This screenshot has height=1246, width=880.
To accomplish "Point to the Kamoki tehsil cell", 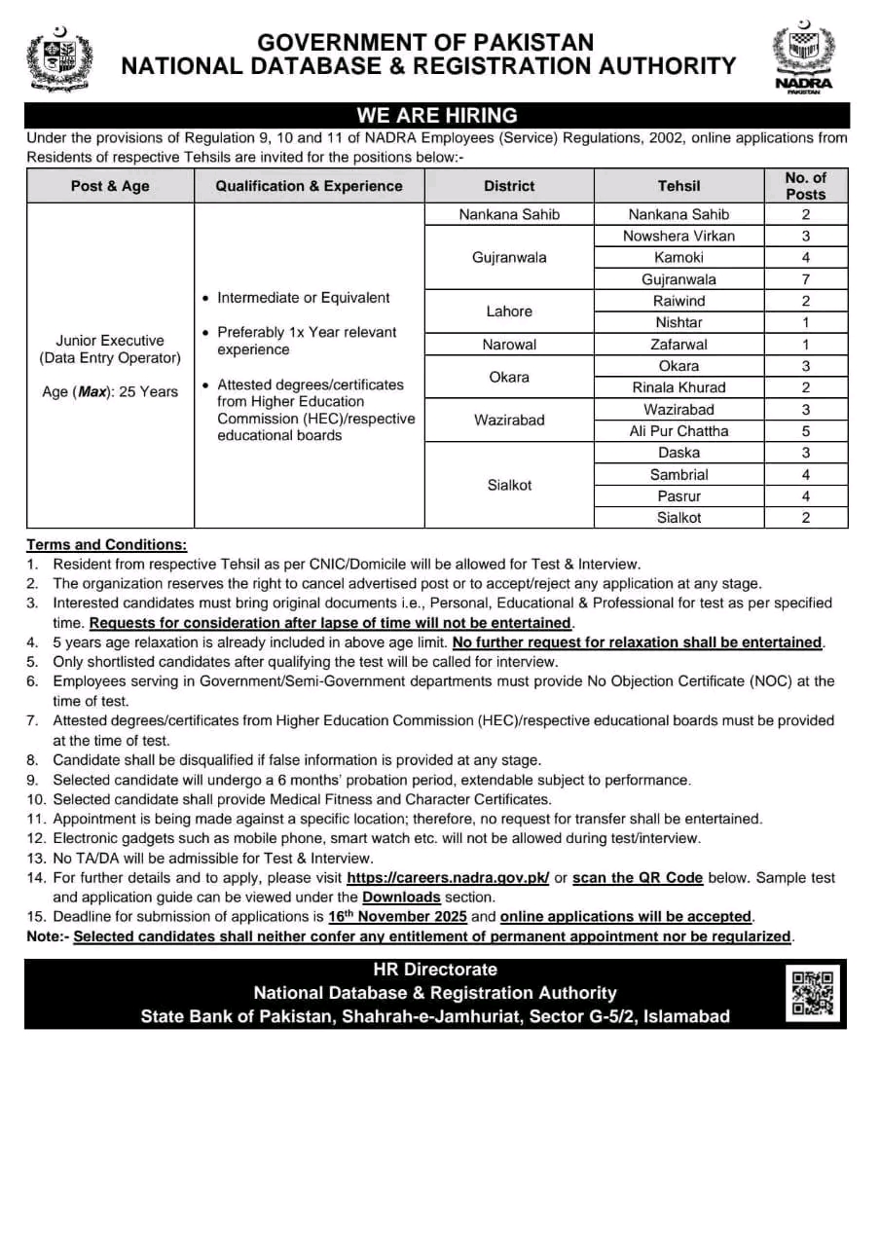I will coord(678,258).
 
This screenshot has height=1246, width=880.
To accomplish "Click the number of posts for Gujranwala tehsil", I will coord(805,279).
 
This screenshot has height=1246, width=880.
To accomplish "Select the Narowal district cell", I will coord(509,345).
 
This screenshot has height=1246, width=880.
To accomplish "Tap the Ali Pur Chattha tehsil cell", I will coord(678,431).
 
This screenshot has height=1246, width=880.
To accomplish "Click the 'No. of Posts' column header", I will coord(805,185).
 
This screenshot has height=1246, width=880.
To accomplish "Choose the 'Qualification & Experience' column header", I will coord(309,185).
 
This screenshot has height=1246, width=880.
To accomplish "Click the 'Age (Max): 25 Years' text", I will coord(109,391).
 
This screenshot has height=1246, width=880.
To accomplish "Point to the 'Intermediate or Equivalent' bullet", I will coord(303,298).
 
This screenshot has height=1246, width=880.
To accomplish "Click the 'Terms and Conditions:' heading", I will coord(106,544).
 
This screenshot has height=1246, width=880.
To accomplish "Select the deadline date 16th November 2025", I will coord(397,916).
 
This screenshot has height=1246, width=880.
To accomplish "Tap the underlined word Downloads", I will coord(401,897).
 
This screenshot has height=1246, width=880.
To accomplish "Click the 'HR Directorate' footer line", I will coord(435,970).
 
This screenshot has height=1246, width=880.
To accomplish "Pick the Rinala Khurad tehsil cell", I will coord(678,387).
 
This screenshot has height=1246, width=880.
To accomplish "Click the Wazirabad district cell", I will coord(509,421).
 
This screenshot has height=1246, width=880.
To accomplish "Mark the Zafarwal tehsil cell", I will coord(678,345).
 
